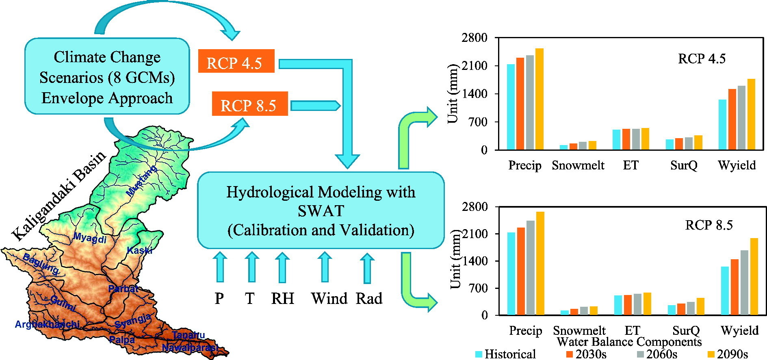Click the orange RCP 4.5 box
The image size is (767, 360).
[236, 61]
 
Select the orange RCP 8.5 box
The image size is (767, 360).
[250, 104]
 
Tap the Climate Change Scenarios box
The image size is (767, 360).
[107, 76]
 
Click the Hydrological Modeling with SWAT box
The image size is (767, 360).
[321, 210]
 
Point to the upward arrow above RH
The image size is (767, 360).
[282, 267]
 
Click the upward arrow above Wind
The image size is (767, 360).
[324, 267]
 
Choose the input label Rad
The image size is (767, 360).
[369, 299]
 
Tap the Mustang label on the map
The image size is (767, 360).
[142, 181]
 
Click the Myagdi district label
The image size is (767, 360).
[90, 239]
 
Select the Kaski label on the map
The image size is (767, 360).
[139, 250]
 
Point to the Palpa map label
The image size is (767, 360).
[122, 340]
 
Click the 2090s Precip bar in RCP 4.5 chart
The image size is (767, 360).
[539, 99]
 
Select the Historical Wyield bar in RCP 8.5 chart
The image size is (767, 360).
[724, 291]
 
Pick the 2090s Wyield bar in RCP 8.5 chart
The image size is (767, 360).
[754, 276]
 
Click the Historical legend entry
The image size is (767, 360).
[506, 354]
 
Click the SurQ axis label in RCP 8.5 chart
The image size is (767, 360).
[686, 330]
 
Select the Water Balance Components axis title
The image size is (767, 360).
[629, 342]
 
